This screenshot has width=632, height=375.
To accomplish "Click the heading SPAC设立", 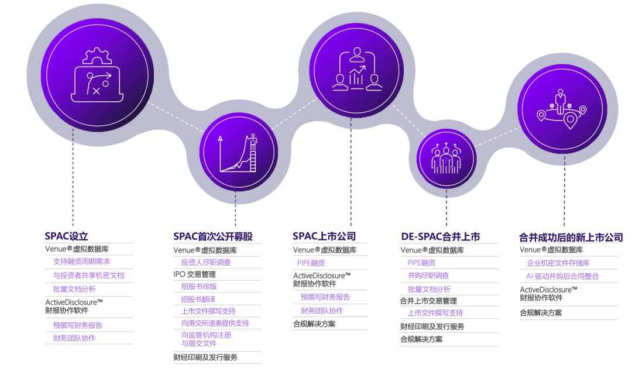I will pyautogui.click(x=66, y=236).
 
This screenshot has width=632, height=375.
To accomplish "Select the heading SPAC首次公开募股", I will pyautogui.click(x=213, y=236).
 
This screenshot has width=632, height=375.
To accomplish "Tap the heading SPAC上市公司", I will pyautogui.click(x=324, y=236).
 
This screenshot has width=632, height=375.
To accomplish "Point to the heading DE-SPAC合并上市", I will pyautogui.click(x=441, y=236).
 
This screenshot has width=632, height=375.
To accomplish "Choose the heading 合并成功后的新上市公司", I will pyautogui.click(x=571, y=238).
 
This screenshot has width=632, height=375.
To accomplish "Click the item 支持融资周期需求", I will pyautogui.click(x=81, y=262).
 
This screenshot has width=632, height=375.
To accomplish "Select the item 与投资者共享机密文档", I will pyautogui.click(x=88, y=275).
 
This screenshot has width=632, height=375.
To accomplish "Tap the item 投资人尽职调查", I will pyautogui.click(x=206, y=262).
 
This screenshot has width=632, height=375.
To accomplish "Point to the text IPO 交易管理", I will pyautogui.click(x=194, y=274).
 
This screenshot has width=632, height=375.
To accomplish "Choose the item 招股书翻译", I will pyautogui.click(x=198, y=299).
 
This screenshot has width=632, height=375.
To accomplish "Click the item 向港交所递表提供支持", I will pyautogui.click(x=215, y=323).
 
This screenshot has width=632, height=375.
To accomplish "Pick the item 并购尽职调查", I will pyautogui.click(x=428, y=275).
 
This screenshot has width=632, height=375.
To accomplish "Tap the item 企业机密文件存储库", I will pyautogui.click(x=558, y=263).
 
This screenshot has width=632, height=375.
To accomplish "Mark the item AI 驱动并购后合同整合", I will pyautogui.click(x=562, y=276).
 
